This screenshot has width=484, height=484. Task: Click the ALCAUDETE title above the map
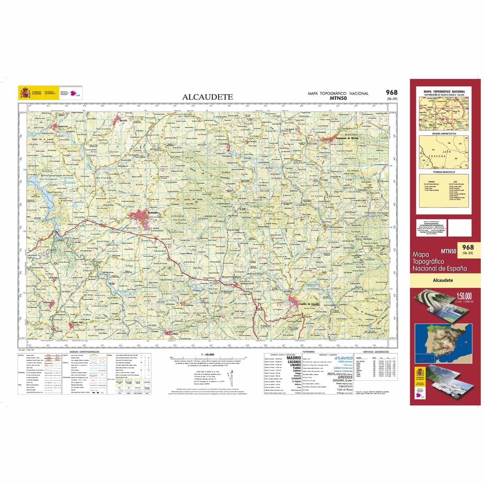[x=208, y=97]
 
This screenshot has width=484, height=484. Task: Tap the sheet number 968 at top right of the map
[x=391, y=93]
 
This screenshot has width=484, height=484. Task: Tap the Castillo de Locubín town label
[x=309, y=304]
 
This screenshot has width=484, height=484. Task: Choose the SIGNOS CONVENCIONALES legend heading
[x=84, y=352]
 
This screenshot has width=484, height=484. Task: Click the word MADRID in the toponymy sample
[x=293, y=358]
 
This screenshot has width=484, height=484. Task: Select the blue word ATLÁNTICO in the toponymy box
[x=344, y=358]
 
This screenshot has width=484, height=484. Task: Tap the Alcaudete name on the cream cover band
[x=442, y=280]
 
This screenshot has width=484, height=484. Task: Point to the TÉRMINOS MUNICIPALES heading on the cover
[x=444, y=176]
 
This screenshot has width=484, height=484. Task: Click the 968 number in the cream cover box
[x=468, y=247]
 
